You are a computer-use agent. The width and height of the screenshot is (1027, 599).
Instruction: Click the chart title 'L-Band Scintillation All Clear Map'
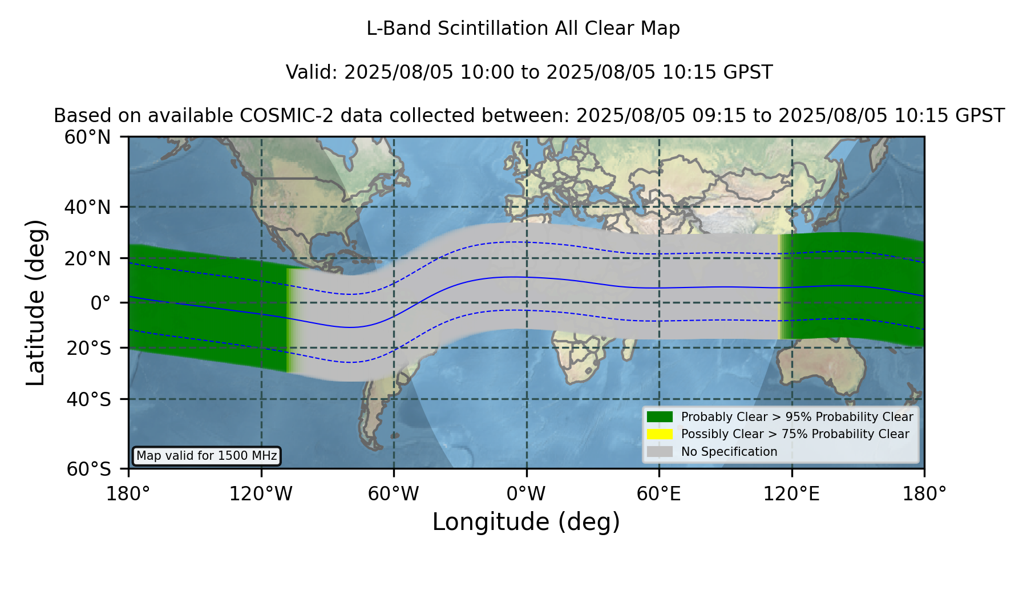click(x=523, y=29)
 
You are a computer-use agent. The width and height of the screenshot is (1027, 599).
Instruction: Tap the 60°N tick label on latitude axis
click(x=87, y=137)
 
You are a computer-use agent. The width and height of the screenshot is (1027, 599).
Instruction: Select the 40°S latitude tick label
click(x=88, y=399)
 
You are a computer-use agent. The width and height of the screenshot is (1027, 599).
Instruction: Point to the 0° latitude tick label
click(x=100, y=302)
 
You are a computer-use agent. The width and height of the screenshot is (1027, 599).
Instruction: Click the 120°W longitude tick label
click(x=261, y=494)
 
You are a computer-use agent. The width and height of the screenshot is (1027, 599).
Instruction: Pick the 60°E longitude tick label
click(x=659, y=494)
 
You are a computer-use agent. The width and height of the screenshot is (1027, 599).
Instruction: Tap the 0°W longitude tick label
click(x=527, y=494)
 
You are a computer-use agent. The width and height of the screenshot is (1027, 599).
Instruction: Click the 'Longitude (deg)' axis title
click(x=526, y=522)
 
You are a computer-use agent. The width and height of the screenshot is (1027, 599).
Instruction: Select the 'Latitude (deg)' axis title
click(x=35, y=302)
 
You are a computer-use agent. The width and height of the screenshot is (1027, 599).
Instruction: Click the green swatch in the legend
click(x=660, y=416)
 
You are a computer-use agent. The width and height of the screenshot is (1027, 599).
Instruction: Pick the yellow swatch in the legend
click(x=660, y=434)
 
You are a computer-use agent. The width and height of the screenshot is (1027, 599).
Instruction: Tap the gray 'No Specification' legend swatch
click(x=660, y=452)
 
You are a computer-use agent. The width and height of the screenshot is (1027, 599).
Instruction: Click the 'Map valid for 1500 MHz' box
click(x=207, y=456)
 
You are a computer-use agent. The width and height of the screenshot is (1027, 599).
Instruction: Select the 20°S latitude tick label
click(x=88, y=347)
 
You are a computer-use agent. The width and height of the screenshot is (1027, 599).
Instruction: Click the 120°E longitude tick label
click(x=791, y=494)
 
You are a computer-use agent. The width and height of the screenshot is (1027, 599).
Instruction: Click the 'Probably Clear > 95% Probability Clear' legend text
click(x=797, y=417)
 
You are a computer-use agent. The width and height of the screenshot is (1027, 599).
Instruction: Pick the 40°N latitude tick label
click(x=87, y=207)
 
